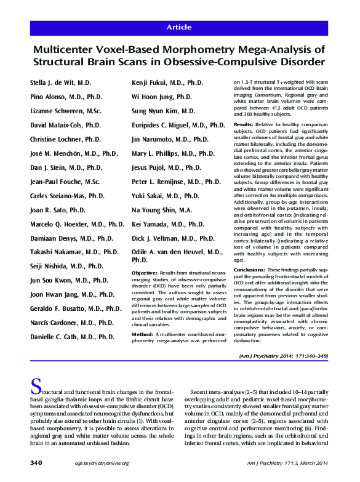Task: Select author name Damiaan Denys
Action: coord(71,238)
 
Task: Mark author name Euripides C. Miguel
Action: coord(178,125)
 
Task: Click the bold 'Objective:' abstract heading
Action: coord(145,272)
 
